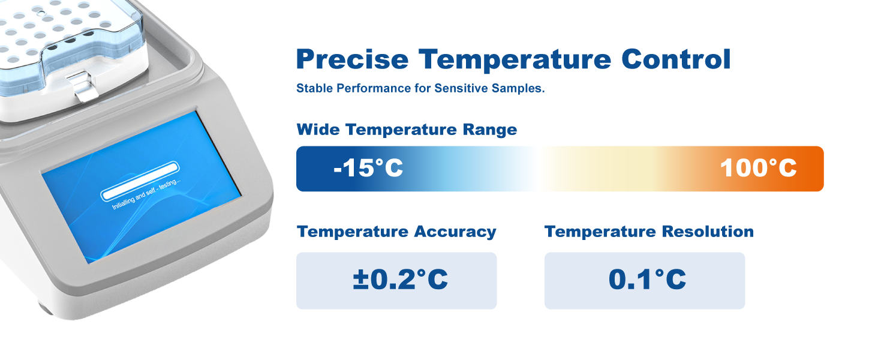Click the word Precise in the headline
click(353, 59)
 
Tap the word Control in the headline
click(676, 59)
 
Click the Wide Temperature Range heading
click(407, 130)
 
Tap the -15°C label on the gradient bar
click(368, 168)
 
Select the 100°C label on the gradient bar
click(758, 168)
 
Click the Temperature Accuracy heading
click(396, 232)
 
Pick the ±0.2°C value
click(400, 280)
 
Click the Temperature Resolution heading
click(649, 232)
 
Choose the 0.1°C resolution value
click(647, 280)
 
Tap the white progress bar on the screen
click(140, 181)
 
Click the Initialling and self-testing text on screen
click(146, 194)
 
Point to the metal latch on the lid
click(83, 86)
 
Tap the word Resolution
click(708, 232)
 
